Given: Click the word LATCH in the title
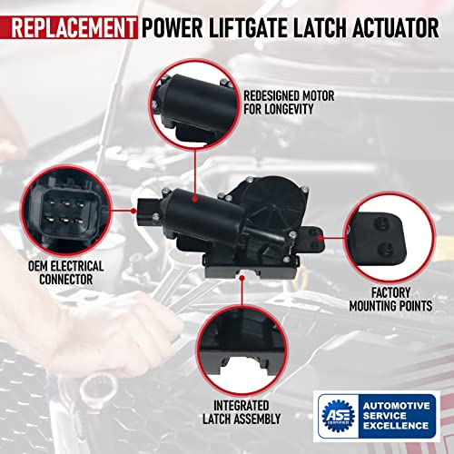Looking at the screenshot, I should click(x=324, y=19).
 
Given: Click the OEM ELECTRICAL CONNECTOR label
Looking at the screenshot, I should click(x=66, y=273).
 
